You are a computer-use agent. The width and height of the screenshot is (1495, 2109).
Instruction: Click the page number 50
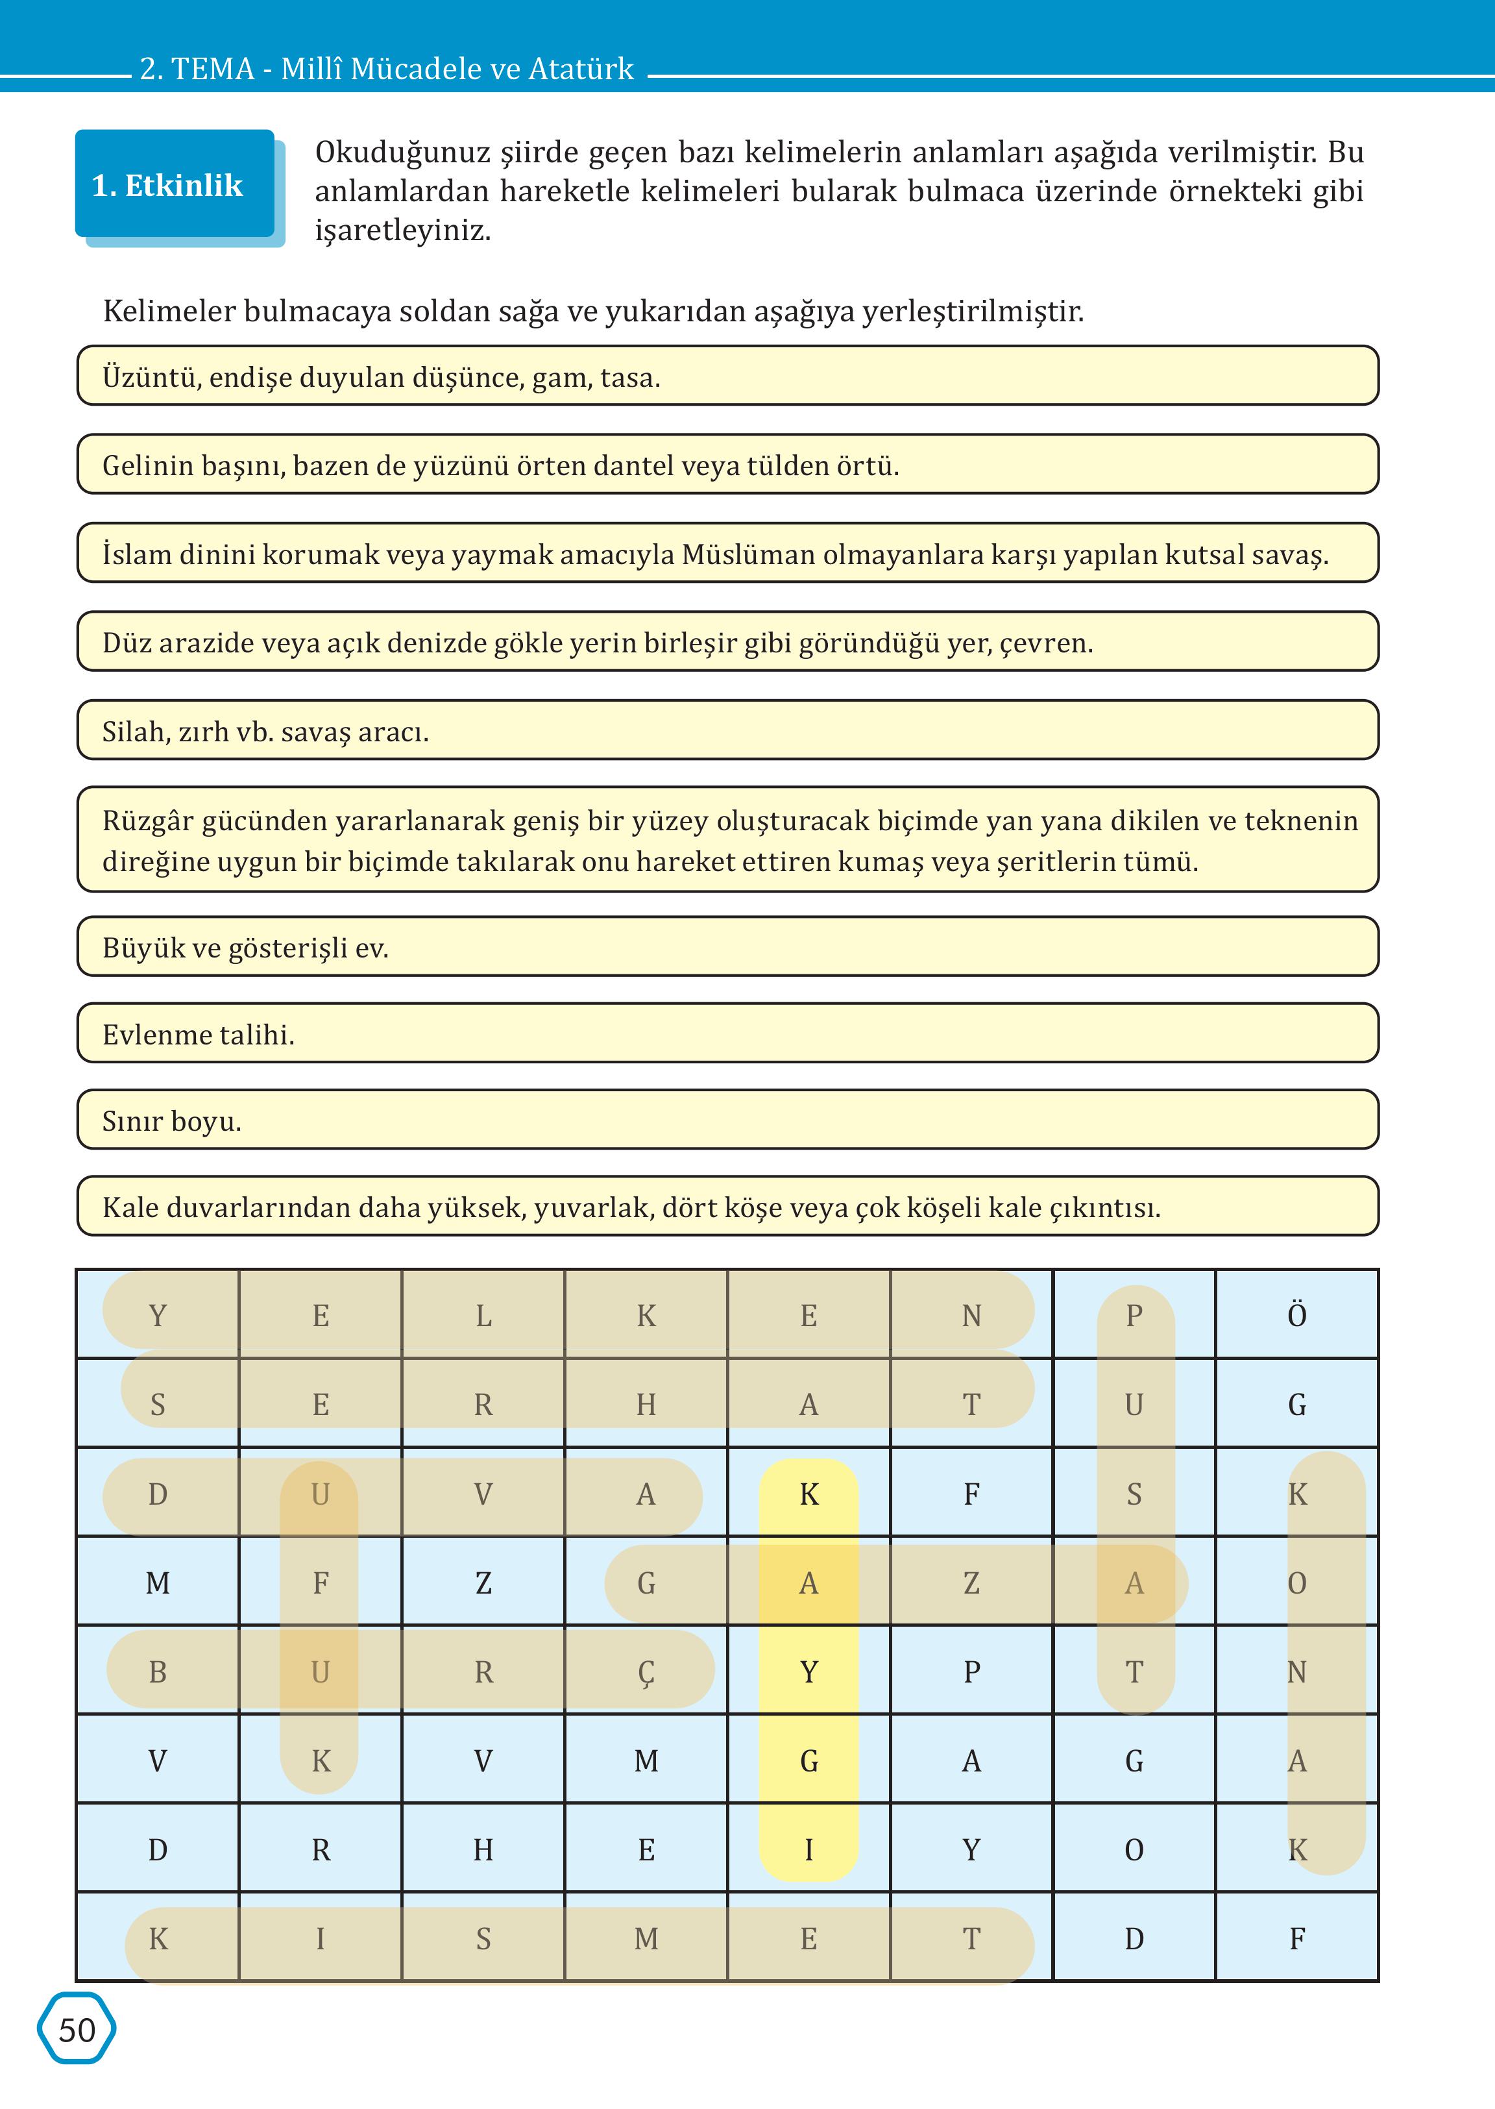(x=77, y=2029)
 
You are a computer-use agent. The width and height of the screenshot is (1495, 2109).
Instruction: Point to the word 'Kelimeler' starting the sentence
(x=169, y=312)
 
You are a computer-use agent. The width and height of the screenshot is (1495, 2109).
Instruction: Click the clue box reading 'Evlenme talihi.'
(x=727, y=1033)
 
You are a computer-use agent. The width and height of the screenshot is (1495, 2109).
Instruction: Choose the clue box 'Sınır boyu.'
(x=727, y=1120)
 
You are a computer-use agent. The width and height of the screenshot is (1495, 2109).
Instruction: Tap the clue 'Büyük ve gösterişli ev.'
(x=727, y=947)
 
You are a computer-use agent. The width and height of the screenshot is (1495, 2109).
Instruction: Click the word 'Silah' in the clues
(x=134, y=732)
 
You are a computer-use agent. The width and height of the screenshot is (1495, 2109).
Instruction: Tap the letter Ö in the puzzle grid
(x=1296, y=1315)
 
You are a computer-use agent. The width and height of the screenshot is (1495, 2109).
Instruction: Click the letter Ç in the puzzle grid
(x=646, y=1671)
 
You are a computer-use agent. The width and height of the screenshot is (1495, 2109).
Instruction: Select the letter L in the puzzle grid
(x=483, y=1315)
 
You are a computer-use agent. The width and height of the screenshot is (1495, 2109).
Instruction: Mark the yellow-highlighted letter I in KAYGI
(x=808, y=1849)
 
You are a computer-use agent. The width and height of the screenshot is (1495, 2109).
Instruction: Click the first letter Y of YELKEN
(x=158, y=1315)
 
